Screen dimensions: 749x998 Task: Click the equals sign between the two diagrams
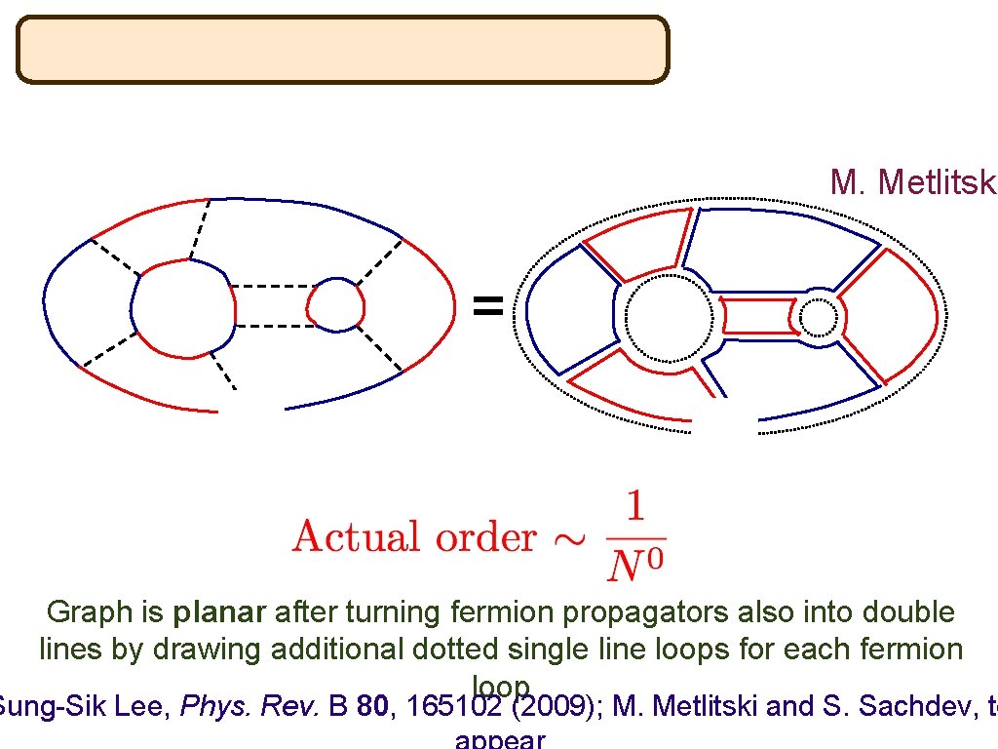[488, 308]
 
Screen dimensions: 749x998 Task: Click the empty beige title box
[342, 49]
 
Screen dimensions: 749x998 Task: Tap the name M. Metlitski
[912, 181]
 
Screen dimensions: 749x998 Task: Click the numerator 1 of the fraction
[634, 508]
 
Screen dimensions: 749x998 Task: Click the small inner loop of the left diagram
[335, 304]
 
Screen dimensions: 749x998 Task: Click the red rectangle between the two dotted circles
[758, 317]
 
